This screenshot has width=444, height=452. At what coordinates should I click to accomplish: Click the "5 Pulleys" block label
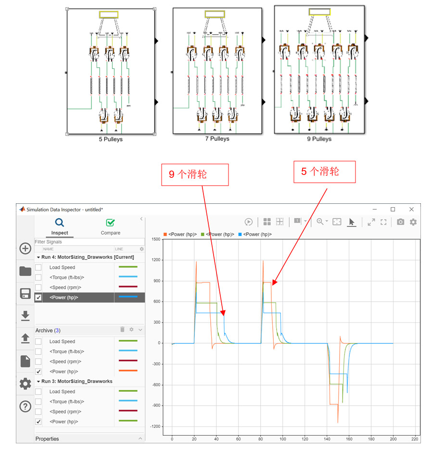(x=111, y=139)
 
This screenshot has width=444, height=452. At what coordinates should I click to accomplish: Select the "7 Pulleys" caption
(x=217, y=139)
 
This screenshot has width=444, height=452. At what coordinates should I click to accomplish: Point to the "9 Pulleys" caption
(x=319, y=139)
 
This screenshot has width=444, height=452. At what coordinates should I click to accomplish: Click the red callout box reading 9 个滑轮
(x=195, y=175)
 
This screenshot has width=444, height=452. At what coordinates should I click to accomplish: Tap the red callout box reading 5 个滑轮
(x=325, y=172)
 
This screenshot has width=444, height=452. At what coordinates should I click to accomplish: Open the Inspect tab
(x=60, y=227)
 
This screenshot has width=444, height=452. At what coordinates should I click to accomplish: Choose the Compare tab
(x=111, y=227)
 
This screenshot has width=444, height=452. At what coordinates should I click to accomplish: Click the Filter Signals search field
(x=89, y=242)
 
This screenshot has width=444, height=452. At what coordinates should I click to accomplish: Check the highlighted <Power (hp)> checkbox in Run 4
(x=38, y=297)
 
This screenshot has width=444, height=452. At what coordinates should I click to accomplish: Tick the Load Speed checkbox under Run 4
(x=38, y=267)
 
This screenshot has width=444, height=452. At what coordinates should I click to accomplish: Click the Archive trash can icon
(x=122, y=330)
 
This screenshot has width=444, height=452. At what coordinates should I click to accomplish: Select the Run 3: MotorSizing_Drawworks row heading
(x=77, y=381)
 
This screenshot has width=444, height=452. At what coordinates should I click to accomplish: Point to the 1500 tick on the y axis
(x=156, y=239)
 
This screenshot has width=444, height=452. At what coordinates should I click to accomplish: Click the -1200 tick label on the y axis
(x=155, y=426)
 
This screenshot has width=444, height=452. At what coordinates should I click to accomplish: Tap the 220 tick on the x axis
(x=415, y=439)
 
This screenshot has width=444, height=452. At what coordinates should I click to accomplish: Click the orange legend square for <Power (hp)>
(x=165, y=234)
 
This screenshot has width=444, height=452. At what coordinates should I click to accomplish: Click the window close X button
(x=411, y=209)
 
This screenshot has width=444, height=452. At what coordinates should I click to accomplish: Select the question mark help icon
(x=25, y=406)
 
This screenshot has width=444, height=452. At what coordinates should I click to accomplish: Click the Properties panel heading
(x=47, y=439)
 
